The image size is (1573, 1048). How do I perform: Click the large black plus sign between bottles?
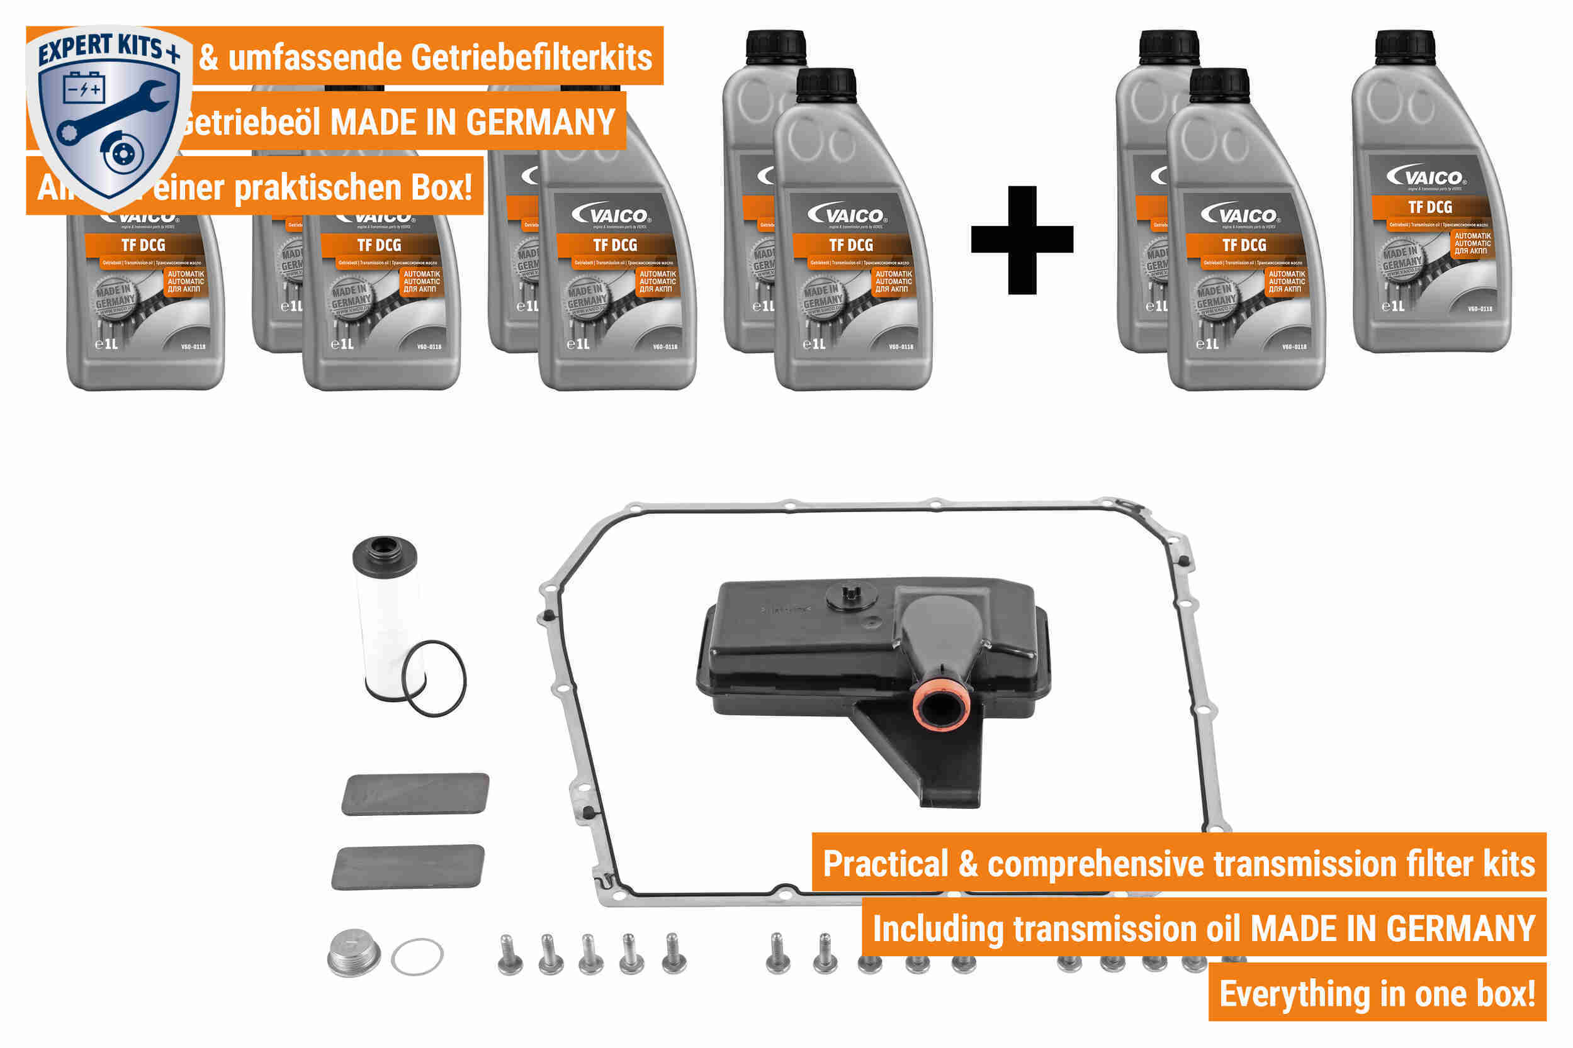1022,239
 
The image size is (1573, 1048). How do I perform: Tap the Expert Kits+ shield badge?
108,114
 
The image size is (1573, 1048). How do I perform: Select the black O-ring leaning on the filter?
435,678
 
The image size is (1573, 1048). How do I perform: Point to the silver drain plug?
353,953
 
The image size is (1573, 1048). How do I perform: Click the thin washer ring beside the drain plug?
417,957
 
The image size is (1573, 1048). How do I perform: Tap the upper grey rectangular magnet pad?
415,794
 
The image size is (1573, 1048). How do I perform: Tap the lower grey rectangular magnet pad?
408,867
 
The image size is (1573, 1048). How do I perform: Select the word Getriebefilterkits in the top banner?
531,57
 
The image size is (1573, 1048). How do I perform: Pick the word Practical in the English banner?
886,864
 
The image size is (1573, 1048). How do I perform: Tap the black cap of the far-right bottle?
1404,47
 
